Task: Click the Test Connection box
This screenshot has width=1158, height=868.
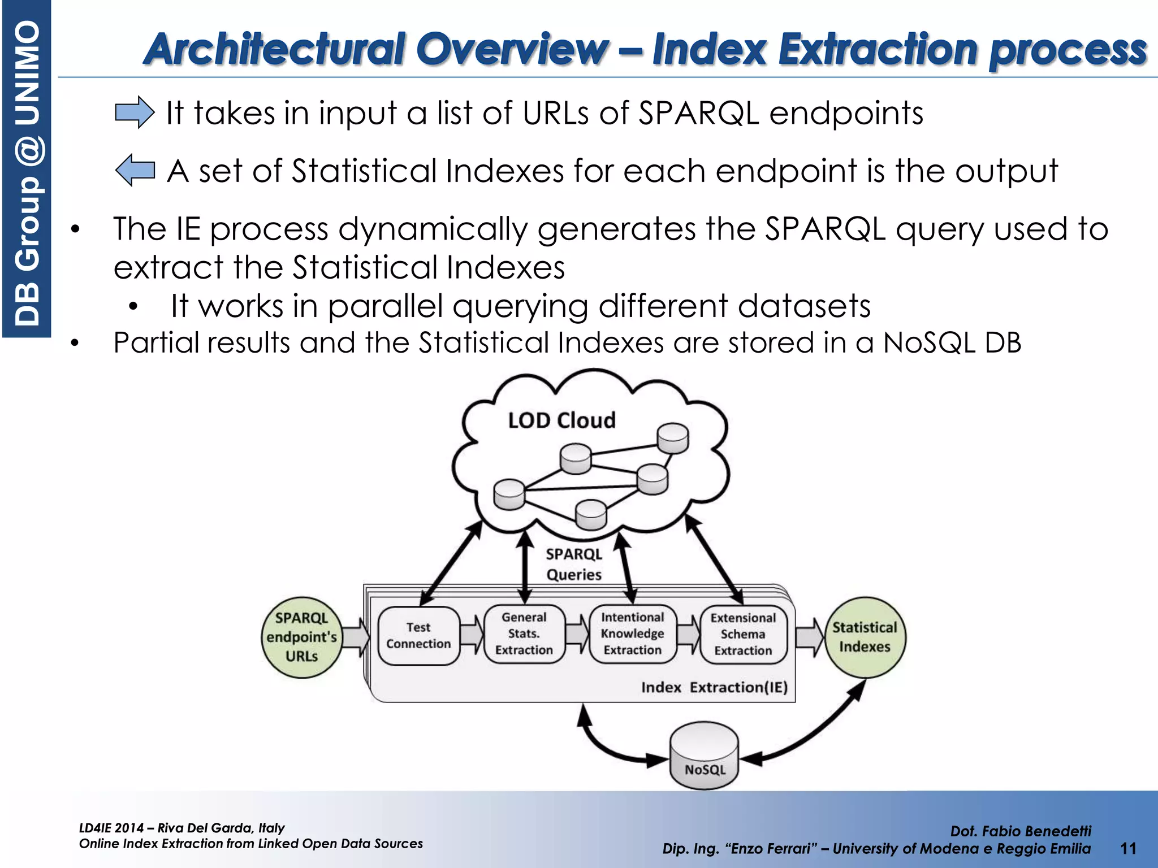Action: pos(418,636)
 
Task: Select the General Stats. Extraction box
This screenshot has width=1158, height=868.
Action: pos(524,634)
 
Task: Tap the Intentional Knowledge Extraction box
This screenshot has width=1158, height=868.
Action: pos(632,634)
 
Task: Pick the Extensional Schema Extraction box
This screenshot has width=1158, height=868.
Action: pos(743,635)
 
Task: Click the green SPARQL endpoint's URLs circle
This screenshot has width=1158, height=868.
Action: pos(301,637)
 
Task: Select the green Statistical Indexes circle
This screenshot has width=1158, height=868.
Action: pos(865,637)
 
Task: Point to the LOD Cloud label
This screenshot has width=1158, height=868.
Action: pos(561,420)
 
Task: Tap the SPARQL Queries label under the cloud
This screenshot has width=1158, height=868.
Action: pos(574,564)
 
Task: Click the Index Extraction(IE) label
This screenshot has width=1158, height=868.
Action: pos(714,687)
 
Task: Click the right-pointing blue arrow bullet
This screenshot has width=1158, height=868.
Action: pos(135,112)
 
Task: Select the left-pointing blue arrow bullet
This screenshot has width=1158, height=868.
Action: pos(135,170)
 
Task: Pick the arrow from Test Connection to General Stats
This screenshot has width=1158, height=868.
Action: pos(472,635)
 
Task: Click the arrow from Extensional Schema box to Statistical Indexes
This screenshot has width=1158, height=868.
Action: pos(810,637)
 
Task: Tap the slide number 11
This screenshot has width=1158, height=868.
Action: pos(1128,848)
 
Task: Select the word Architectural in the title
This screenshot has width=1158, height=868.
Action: pos(274,49)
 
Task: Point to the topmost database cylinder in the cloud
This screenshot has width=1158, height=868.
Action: pos(673,439)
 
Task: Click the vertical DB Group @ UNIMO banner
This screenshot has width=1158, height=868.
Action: pos(27,170)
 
